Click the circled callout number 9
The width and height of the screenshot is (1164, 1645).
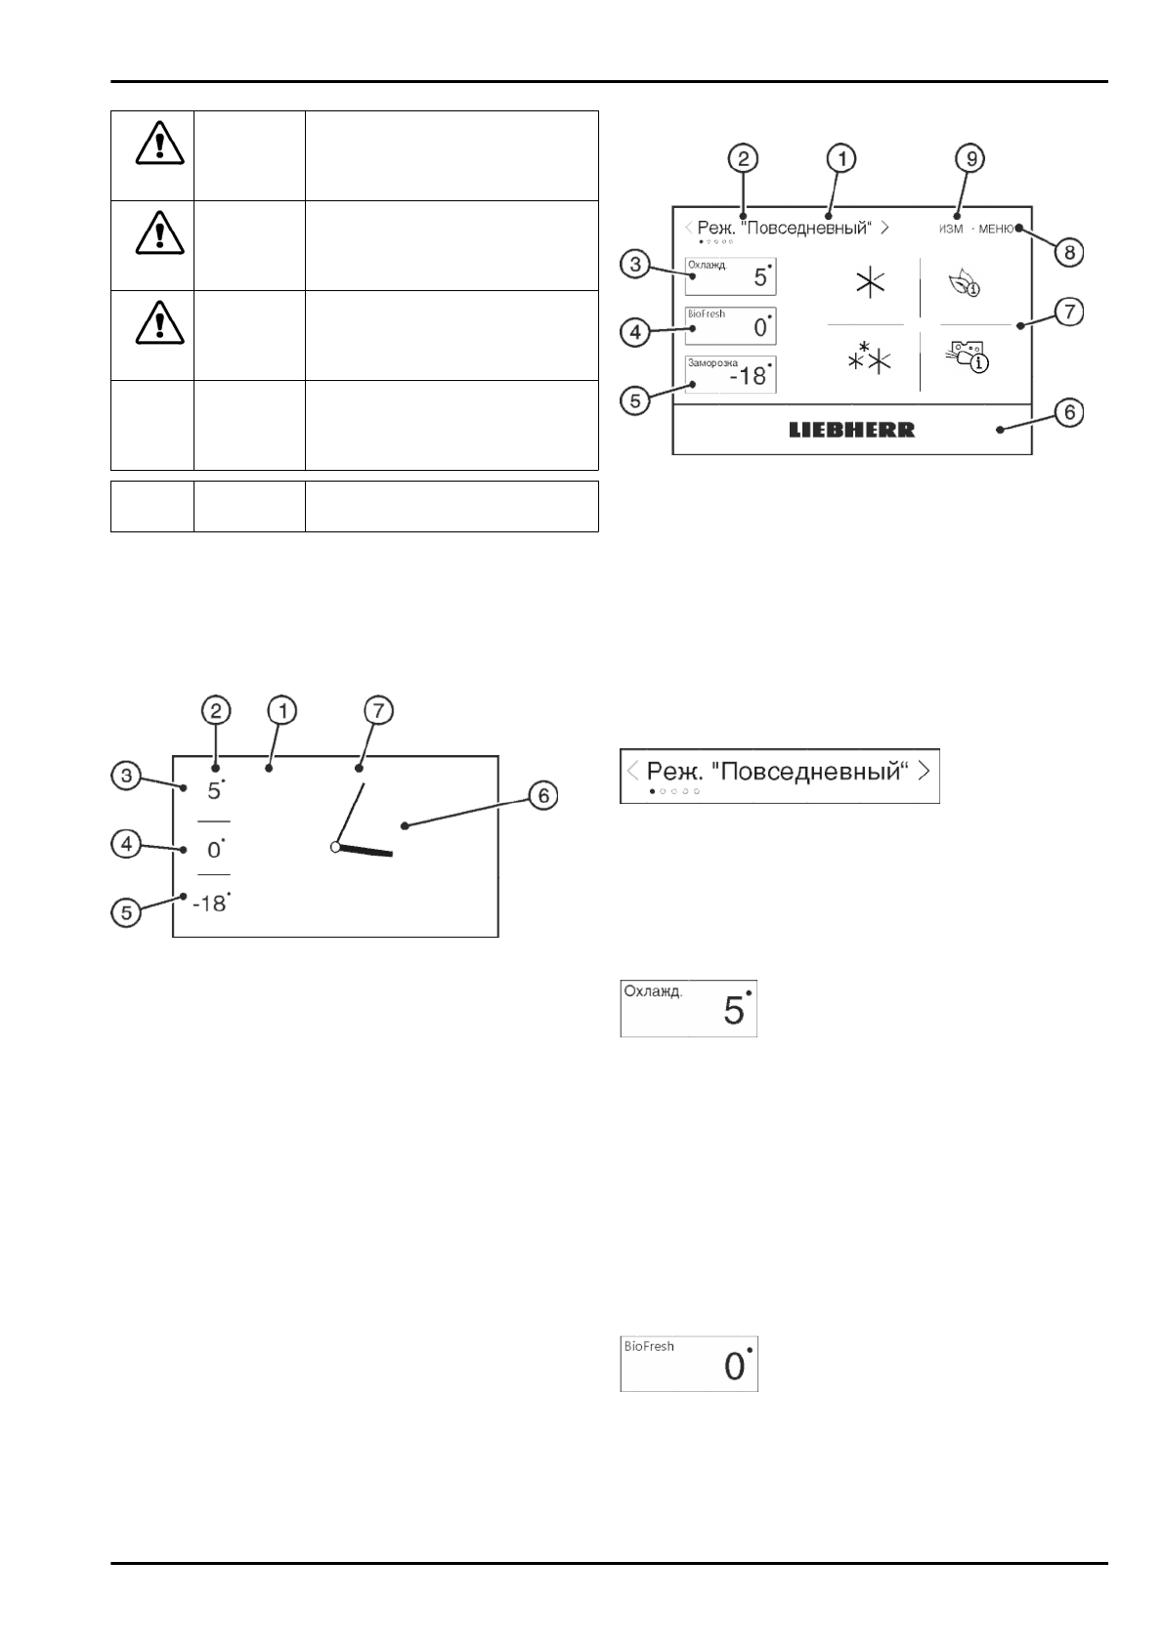(x=970, y=158)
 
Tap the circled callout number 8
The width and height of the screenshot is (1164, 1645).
(x=1070, y=252)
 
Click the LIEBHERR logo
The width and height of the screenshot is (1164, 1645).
(x=851, y=430)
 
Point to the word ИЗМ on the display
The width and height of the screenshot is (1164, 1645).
(x=951, y=229)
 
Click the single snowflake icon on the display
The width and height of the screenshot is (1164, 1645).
(x=869, y=283)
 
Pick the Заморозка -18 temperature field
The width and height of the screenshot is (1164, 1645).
(x=731, y=374)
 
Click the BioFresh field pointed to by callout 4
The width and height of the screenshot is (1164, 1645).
(x=731, y=325)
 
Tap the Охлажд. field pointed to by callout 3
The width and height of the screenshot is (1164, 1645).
(x=731, y=275)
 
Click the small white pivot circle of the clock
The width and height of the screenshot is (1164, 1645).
(x=335, y=847)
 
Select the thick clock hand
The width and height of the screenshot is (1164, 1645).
(x=366, y=852)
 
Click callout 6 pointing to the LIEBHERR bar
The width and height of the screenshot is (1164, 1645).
(x=1069, y=413)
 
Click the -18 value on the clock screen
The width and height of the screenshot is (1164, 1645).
(x=210, y=904)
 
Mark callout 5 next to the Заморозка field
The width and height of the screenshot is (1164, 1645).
(x=635, y=401)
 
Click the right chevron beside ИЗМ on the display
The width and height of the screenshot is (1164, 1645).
(x=884, y=228)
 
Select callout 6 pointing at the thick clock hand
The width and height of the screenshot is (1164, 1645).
(x=544, y=796)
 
